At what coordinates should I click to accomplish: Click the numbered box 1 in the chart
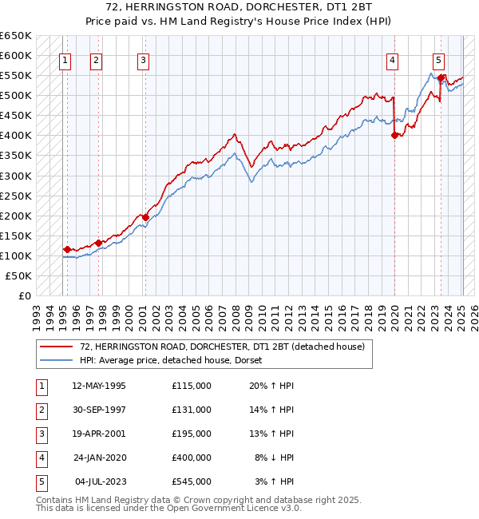(65, 58)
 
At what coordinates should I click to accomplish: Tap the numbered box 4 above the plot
(393, 58)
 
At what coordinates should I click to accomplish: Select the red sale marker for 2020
(394, 136)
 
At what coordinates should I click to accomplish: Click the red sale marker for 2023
(441, 77)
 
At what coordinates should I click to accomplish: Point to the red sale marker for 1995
(67, 249)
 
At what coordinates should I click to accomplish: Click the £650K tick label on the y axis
(16, 36)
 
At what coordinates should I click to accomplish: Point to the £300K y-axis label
(16, 176)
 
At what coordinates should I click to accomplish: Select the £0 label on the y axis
(23, 295)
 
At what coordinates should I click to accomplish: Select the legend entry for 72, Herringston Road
(222, 347)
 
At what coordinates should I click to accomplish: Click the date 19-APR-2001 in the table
(99, 434)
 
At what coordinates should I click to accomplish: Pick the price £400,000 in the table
(192, 458)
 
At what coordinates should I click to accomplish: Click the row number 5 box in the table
(40, 481)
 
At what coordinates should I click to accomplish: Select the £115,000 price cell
(192, 386)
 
